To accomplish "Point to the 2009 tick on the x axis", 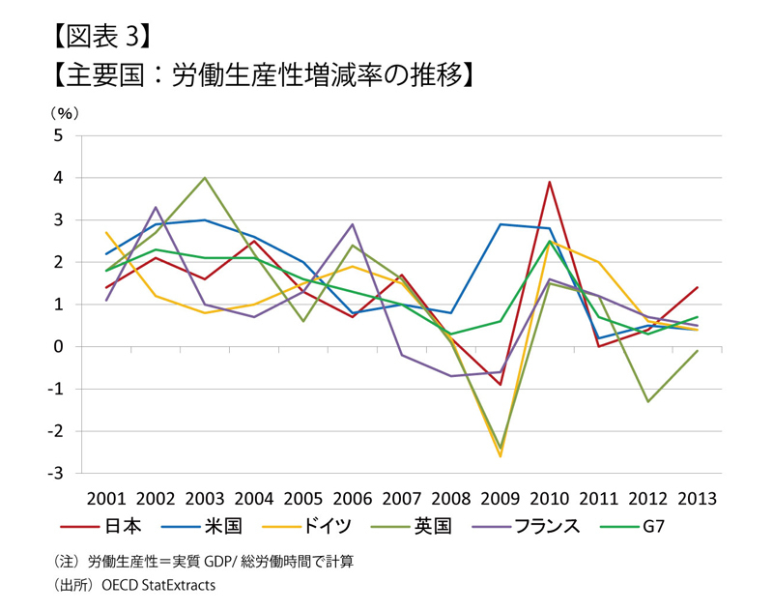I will tap(500, 499).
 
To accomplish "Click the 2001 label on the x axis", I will tap(106, 499).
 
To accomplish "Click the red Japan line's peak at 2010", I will tap(549, 182).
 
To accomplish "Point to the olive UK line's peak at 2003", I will tap(205, 178).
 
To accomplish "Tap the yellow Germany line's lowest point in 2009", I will tap(501, 456).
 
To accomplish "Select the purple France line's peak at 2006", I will tap(353, 224).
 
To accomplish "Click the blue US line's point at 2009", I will tap(501, 224).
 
